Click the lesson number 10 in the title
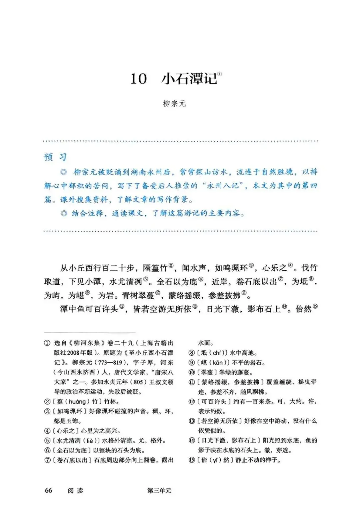[139, 79]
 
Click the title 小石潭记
[189, 79]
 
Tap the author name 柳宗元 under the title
[174, 104]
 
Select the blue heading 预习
[55, 157]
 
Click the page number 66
[48, 490]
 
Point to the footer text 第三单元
[159, 490]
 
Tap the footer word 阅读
[75, 490]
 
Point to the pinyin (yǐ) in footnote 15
[217, 460]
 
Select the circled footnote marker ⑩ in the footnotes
[192, 372]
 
